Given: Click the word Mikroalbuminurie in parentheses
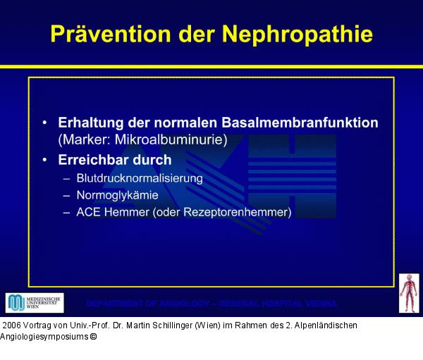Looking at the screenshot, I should (x=168, y=139).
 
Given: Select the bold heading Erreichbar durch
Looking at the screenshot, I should (x=114, y=160).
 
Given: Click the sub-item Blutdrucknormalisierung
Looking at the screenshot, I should (x=139, y=178).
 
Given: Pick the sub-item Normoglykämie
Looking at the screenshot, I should (x=117, y=195).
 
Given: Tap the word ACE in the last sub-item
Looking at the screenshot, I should (x=88, y=212).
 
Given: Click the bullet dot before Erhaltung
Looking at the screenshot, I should (x=46, y=123).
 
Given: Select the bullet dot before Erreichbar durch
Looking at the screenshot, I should (x=46, y=160).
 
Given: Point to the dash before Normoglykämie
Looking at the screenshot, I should (x=66, y=195).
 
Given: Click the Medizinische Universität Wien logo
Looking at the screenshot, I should (x=34, y=303).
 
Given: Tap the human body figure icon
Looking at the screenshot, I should (x=408, y=294).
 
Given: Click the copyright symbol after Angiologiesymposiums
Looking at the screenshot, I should (x=93, y=337).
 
